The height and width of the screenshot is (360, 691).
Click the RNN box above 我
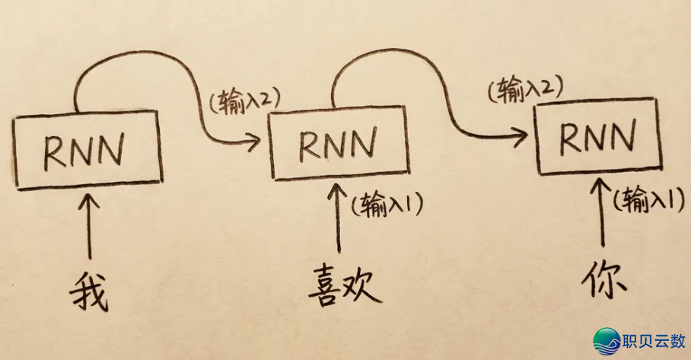(88, 150)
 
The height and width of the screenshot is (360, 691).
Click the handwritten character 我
(89, 288)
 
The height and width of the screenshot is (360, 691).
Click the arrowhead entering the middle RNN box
(255, 139)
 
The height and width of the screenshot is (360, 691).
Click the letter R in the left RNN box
(56, 151)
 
